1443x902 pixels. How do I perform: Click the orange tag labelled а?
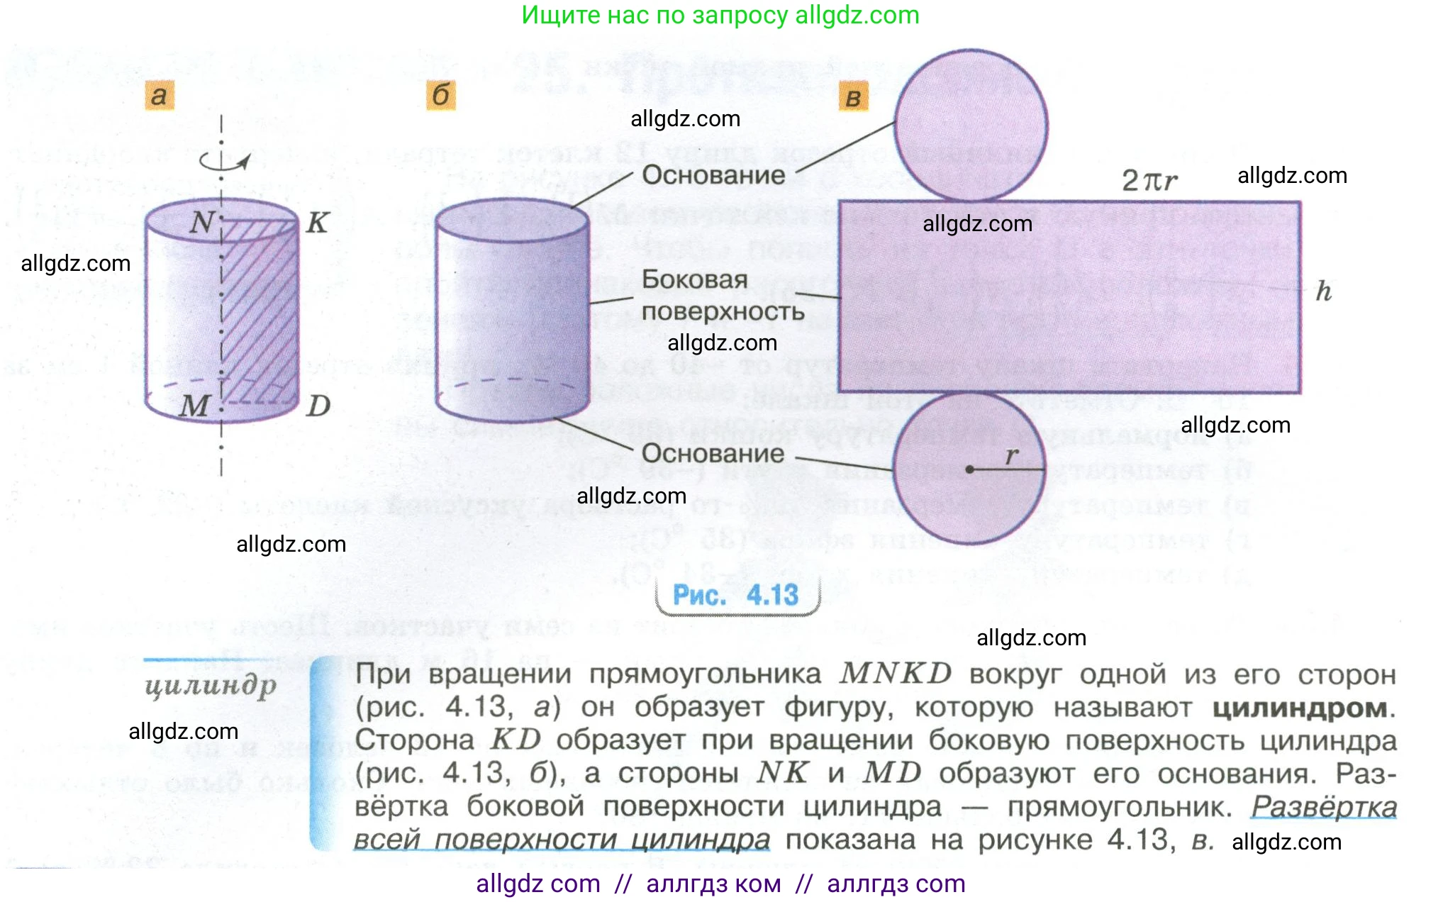pos(160,95)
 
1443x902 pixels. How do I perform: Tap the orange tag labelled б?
pos(441,95)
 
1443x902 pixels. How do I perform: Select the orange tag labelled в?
pos(854,97)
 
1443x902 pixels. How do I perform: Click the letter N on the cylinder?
pos(202,223)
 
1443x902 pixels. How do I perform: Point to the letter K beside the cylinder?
pos(317,223)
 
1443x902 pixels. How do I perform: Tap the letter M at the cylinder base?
pos(194,406)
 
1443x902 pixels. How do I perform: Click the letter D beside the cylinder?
pos(319,406)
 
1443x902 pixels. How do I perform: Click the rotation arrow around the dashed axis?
pos(223,162)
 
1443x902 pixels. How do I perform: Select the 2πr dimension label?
pos(1149,180)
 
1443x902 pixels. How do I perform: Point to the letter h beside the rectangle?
pos(1323,291)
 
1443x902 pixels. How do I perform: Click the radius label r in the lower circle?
pos(1012,456)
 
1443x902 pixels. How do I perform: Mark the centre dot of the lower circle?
pos(969,469)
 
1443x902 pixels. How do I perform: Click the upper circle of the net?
pos(971,126)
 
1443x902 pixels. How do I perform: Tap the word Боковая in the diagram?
pos(694,279)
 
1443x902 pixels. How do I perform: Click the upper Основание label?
pos(713,175)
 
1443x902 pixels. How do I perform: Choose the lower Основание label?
pos(713,453)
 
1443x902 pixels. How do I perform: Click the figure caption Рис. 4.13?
pos(735,595)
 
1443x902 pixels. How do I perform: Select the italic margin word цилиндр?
pos(211,686)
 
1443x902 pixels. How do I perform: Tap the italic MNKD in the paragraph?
pos(895,674)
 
